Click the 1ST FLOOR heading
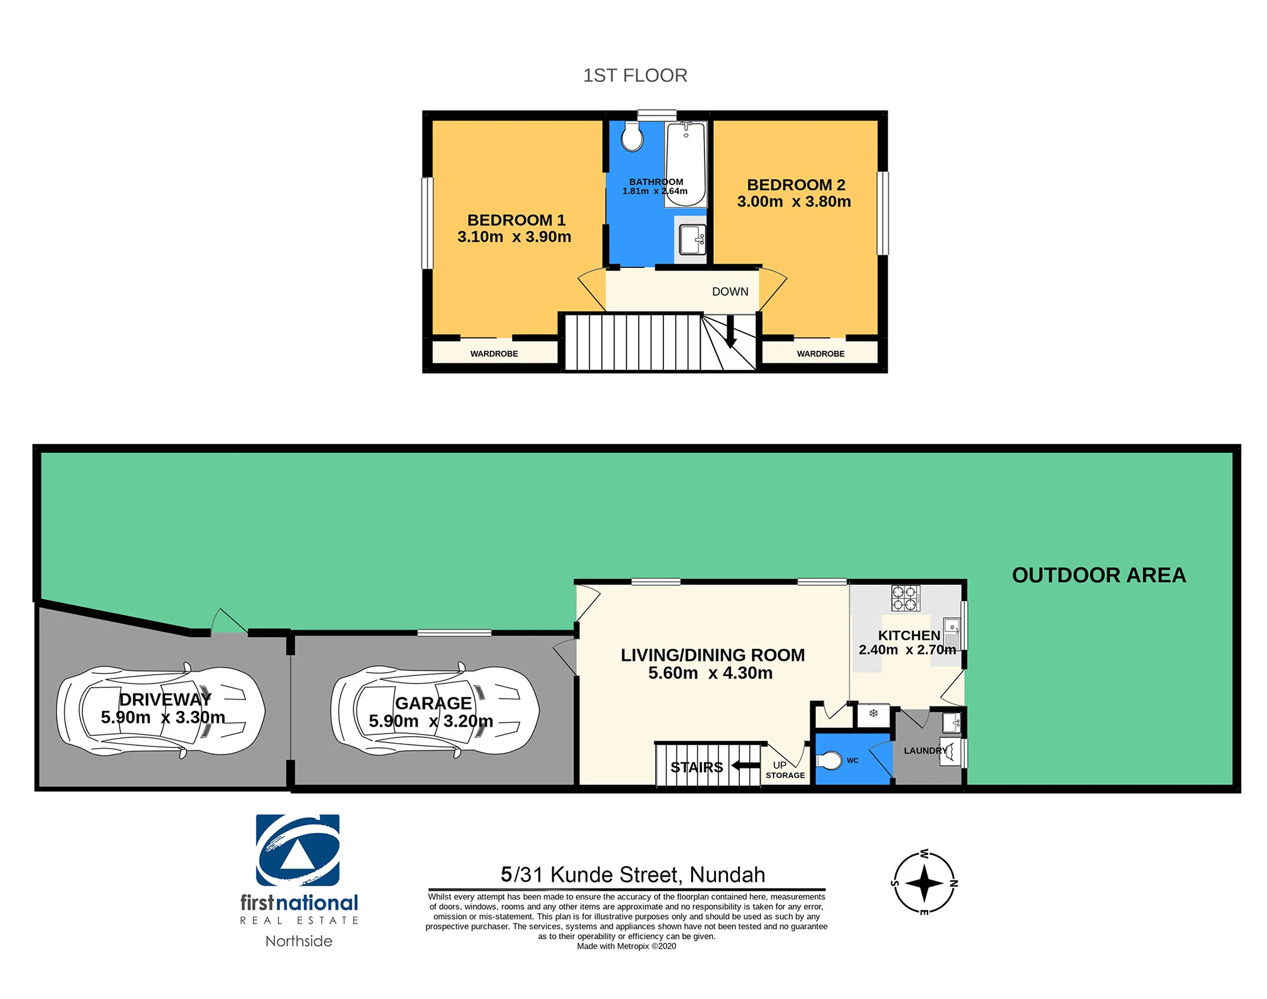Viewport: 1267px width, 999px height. coord(635,75)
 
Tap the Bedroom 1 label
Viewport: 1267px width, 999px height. coord(516,220)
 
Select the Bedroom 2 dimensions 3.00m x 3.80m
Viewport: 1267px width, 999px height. coord(794,201)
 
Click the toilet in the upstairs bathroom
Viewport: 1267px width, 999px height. coord(632,136)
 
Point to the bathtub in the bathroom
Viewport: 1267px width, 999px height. coord(685,164)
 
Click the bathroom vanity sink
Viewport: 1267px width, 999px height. coord(692,239)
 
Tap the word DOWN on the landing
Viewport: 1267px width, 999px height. coord(730,291)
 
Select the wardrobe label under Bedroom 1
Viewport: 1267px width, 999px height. coord(494,353)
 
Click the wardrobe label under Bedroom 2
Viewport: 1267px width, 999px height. coord(820,353)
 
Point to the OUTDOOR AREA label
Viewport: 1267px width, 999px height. coord(1098,575)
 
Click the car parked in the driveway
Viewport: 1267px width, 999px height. coord(160,711)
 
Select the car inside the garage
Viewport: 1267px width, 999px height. coord(435,711)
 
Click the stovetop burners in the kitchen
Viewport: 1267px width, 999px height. coord(905,597)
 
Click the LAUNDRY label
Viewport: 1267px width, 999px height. coord(926,751)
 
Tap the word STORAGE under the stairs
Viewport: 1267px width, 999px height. coord(786,775)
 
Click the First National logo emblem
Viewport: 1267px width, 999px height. coord(298,850)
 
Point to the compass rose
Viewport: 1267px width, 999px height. coord(924,883)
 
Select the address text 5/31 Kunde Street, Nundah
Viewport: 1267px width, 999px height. coord(633,875)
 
